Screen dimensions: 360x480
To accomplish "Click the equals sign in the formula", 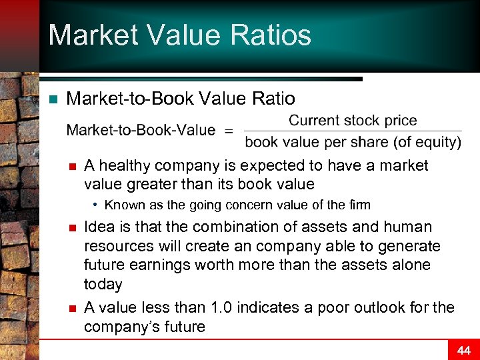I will pos(229,131).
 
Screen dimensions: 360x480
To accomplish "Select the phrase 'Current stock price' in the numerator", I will pos(353,121).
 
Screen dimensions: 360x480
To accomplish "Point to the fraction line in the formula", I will pos(353,131).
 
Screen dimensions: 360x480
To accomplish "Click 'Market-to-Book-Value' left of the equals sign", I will pos(141,130).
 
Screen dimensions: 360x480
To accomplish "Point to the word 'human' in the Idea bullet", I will pos(409,227).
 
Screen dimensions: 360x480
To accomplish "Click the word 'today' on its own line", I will pos(103,285).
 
